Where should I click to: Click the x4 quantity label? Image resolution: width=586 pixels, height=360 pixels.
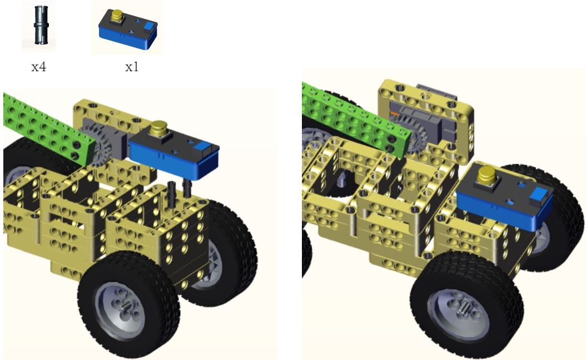click(x=38, y=67)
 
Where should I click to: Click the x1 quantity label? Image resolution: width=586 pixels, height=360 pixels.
click(x=132, y=67)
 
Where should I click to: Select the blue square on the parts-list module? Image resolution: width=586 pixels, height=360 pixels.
click(x=149, y=26)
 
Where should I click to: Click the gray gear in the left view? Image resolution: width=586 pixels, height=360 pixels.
click(x=93, y=145)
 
